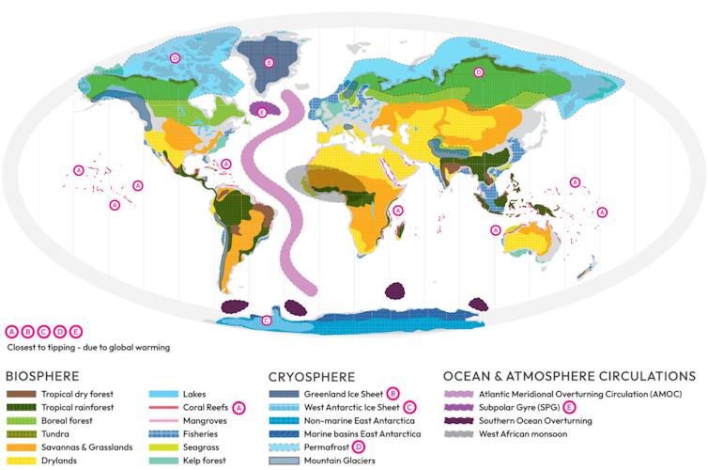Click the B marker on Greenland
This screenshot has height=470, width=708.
(x=269, y=63)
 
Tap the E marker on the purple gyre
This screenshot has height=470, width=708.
(x=262, y=112)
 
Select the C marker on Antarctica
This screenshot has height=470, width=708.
(x=266, y=321)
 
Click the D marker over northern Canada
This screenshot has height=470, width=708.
(x=175, y=58)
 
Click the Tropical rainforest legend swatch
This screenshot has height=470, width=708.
(x=22, y=407)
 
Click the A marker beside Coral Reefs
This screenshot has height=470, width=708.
(x=239, y=407)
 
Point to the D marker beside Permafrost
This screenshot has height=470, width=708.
(x=359, y=447)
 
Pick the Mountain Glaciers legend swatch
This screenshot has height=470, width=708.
(x=284, y=461)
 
